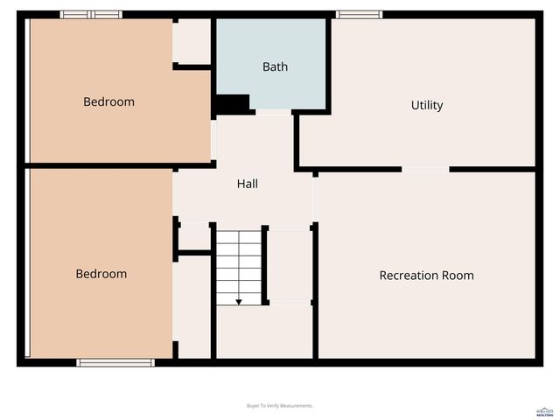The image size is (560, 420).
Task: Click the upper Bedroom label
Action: pos(108,101)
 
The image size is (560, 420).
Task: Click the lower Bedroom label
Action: pos(101,274)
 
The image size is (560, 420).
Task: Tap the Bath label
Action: pos(275,66)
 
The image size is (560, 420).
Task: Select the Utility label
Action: pos(427,105)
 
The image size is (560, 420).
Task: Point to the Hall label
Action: pos(247,184)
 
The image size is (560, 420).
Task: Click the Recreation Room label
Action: pos(426,276)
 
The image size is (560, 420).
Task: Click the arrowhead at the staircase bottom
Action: pos(239,302)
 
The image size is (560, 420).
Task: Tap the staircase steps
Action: pos(239,262)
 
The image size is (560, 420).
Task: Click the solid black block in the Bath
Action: pos(233,104)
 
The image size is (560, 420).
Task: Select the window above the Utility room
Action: pos(359,14)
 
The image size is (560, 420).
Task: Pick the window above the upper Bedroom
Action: pos(91,14)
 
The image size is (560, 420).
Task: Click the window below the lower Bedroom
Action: pos(115,362)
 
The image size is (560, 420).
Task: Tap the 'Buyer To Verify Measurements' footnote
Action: pos(280,406)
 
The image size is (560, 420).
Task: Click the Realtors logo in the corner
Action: pos(544,411)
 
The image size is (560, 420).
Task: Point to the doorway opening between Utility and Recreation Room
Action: pos(425,169)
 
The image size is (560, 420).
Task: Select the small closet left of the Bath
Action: pos(193,40)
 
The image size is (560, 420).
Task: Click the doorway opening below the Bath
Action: pos(273,112)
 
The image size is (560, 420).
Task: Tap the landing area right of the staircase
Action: pos(290,266)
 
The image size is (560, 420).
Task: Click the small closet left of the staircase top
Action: pos(194,236)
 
